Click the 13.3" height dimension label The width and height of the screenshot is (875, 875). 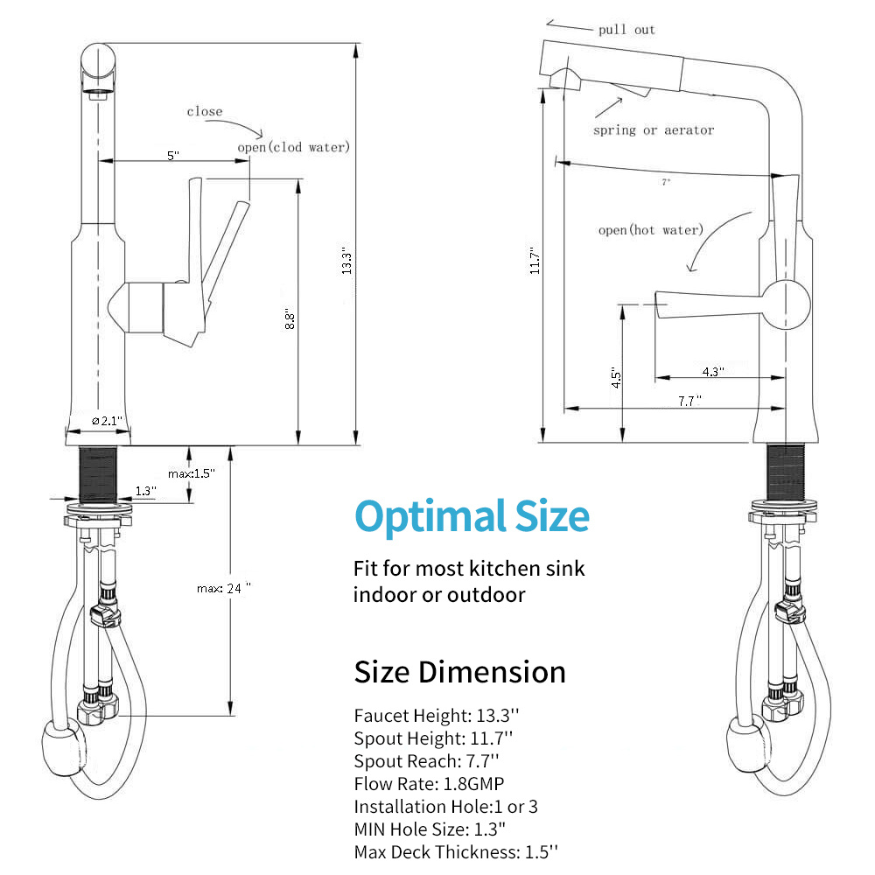(x=346, y=261)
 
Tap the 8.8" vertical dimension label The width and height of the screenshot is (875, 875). (x=290, y=318)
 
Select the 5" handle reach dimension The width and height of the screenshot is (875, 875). (x=173, y=155)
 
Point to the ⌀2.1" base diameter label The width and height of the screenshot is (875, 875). (x=107, y=421)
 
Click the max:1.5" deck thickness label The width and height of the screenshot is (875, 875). (x=192, y=473)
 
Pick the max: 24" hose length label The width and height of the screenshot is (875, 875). (x=224, y=588)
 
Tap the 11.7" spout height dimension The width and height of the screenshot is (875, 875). (x=535, y=261)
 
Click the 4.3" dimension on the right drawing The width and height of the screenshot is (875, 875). (x=713, y=371)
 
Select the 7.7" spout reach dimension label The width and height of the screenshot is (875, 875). (x=689, y=401)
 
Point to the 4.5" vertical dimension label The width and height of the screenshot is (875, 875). (x=615, y=378)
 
